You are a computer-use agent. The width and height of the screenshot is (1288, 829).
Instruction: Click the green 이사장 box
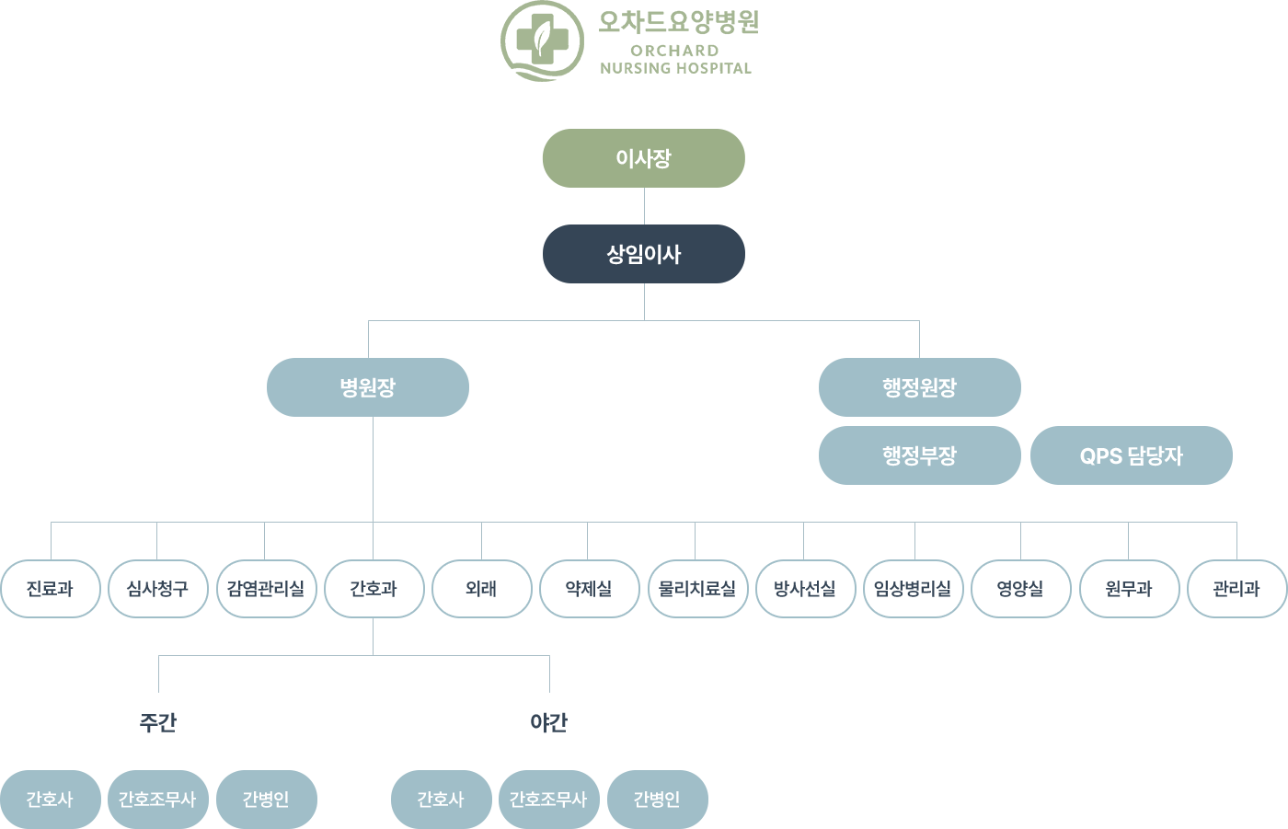(643, 158)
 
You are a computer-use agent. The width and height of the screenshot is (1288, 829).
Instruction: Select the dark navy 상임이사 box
(643, 254)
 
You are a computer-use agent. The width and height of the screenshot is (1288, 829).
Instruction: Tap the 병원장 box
(368, 387)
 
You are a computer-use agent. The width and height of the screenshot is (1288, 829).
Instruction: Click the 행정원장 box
(920, 387)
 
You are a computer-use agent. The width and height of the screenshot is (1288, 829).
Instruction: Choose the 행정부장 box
(920, 455)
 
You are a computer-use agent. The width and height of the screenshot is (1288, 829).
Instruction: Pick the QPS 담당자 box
(1131, 455)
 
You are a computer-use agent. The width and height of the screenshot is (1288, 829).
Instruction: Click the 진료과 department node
(50, 589)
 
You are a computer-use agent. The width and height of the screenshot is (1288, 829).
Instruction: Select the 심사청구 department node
(157, 589)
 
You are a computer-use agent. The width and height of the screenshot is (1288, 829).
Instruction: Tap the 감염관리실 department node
(265, 589)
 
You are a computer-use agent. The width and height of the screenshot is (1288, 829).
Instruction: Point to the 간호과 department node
(374, 589)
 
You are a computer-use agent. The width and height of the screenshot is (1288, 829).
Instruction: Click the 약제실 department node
(589, 589)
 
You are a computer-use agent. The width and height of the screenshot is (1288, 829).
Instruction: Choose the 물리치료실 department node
(696, 589)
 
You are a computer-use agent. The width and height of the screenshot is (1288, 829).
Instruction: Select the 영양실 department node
(1020, 589)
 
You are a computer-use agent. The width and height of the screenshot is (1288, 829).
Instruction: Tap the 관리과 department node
(1236, 589)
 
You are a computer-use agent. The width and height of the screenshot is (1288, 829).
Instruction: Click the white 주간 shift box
(158, 722)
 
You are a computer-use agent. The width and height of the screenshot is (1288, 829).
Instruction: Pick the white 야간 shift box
(549, 722)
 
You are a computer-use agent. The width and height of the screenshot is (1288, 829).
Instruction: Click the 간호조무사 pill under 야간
(548, 800)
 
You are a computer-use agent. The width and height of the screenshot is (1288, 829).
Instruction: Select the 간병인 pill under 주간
(266, 800)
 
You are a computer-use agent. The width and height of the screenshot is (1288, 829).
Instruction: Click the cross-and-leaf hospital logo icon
(542, 40)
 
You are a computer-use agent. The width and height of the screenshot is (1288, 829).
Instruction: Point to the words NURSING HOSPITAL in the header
(675, 68)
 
